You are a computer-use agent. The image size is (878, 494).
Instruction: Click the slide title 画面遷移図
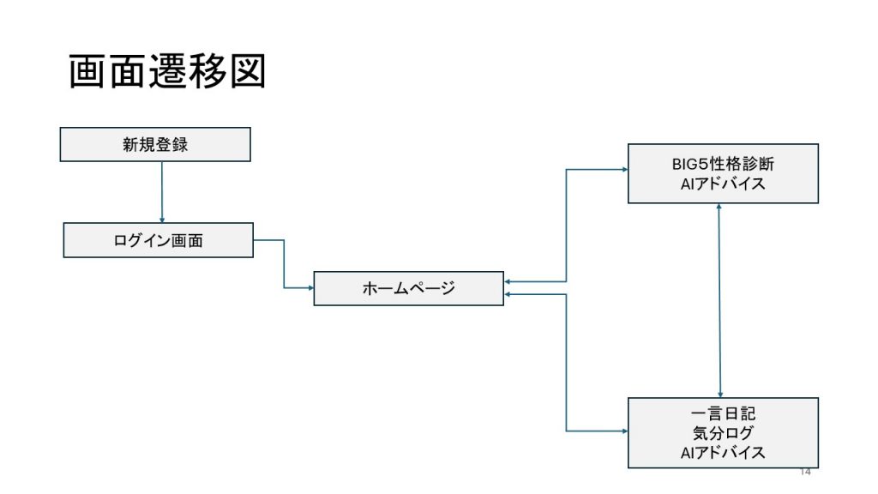(167, 72)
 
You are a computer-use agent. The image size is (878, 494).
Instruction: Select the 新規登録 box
(155, 144)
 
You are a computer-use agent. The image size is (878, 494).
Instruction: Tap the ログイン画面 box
(159, 240)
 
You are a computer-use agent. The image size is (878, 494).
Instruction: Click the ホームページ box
(408, 288)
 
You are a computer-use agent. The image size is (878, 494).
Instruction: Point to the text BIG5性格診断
(723, 164)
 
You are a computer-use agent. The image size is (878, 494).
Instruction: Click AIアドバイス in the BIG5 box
(723, 184)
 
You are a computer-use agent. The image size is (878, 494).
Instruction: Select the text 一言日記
(723, 413)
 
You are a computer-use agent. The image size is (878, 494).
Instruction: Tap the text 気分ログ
(723, 433)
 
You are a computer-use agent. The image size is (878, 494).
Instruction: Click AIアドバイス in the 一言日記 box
(723, 453)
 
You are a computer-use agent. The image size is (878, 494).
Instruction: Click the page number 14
(804, 473)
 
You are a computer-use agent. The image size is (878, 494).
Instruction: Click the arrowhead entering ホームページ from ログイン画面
(310, 287)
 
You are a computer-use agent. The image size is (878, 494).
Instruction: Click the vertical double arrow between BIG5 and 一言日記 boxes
(719, 300)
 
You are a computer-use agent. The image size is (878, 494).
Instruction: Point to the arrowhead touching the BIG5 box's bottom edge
(719, 208)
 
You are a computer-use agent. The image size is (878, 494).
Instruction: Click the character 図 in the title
(248, 72)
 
